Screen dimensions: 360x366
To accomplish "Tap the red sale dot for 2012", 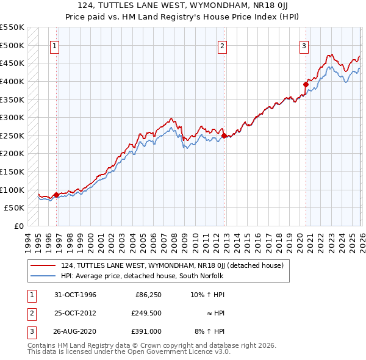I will [x=224, y=135].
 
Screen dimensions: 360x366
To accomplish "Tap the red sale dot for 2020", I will [x=306, y=84].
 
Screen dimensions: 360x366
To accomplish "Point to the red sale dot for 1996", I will [x=57, y=195].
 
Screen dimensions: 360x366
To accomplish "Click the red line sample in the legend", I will [x=43, y=266].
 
